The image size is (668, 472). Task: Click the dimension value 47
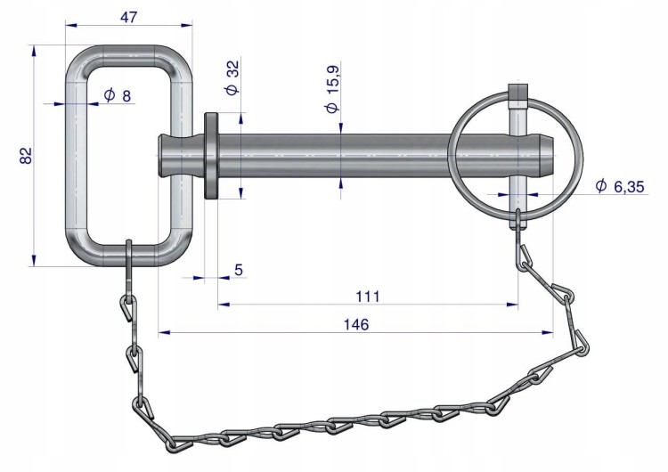128,17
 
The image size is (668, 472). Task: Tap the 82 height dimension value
26,155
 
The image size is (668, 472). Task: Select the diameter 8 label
118,96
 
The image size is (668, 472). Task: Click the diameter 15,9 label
332,89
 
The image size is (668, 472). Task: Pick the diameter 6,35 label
620,186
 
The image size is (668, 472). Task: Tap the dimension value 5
239,270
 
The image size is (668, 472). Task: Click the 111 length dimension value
367,296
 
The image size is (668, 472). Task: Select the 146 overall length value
355,324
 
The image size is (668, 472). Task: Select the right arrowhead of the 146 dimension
548,332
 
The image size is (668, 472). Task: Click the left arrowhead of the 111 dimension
224,305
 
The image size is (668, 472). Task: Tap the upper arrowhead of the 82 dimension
34,51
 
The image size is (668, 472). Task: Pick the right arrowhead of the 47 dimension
187,25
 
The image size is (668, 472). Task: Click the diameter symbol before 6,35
600,185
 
